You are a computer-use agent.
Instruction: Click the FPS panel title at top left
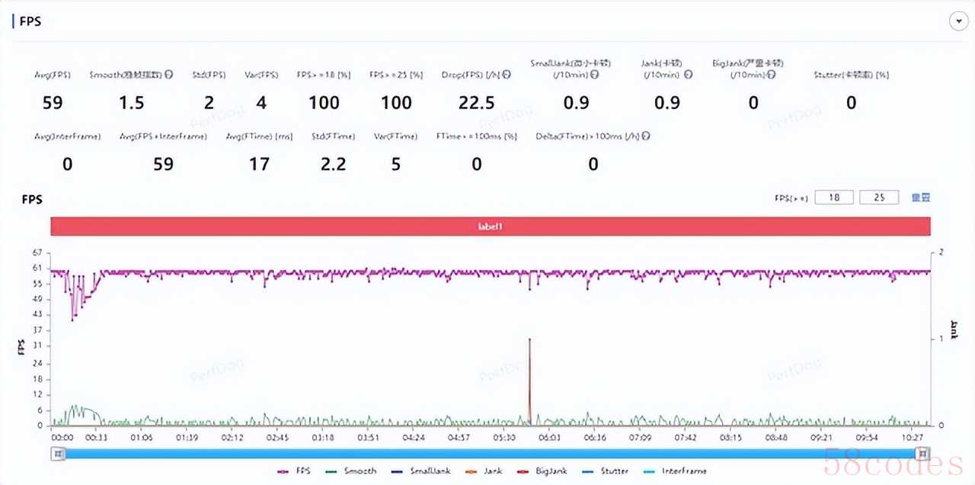click(30, 21)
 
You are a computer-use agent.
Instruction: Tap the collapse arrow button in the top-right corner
click(958, 21)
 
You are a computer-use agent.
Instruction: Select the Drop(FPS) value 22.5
click(477, 103)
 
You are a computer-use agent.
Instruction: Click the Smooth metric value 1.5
click(132, 103)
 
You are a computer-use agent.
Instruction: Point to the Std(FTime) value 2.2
click(333, 164)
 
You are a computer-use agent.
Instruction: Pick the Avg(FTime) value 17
click(259, 164)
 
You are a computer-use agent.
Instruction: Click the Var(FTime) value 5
click(396, 164)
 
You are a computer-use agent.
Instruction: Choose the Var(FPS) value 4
click(261, 103)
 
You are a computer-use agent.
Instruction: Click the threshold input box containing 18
click(834, 198)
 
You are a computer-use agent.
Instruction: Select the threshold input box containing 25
click(879, 198)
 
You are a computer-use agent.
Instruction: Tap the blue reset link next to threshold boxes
click(921, 198)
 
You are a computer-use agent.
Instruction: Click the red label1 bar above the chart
click(491, 226)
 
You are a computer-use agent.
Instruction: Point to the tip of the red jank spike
click(529, 339)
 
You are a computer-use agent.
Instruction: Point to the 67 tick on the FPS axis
click(36, 252)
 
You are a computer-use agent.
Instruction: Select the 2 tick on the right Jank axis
click(941, 252)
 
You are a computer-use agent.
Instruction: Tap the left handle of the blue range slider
click(57, 454)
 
